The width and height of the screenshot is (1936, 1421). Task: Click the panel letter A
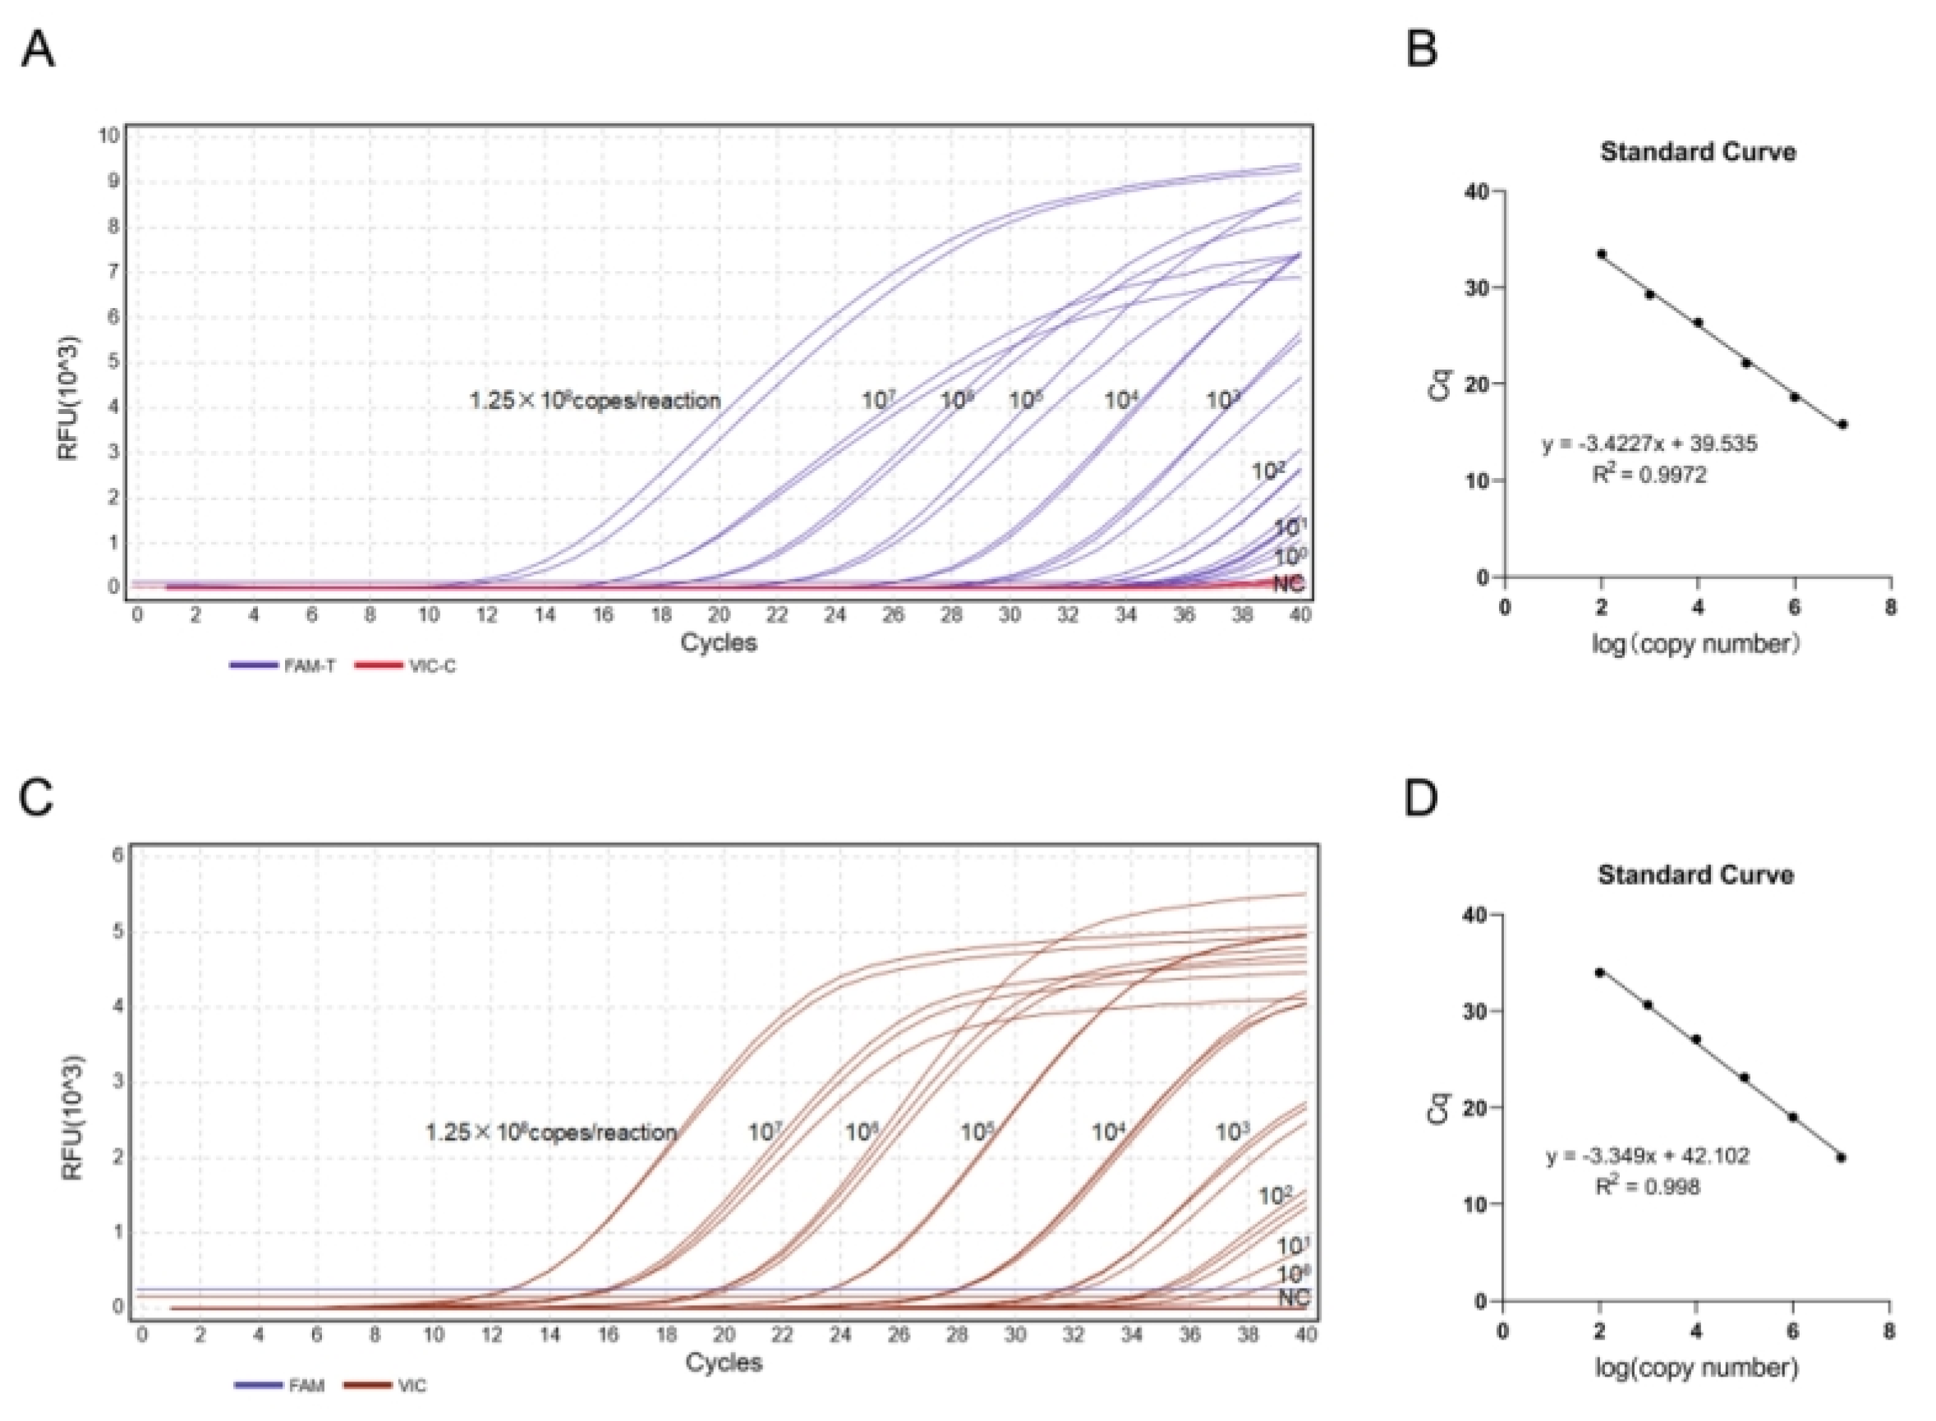coord(38,50)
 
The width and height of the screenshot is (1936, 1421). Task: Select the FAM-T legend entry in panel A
coord(283,666)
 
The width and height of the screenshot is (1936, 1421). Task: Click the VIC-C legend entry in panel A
coord(406,666)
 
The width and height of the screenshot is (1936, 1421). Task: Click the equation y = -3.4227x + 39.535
coord(1649,444)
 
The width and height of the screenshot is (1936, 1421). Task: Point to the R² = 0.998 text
coord(1647,1187)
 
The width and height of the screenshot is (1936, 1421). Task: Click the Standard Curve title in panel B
coord(1698,152)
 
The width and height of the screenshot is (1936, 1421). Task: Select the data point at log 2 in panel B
coord(1601,254)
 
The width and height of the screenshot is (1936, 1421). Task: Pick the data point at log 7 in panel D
coord(1841,1157)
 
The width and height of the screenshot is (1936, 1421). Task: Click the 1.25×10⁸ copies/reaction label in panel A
coord(595,400)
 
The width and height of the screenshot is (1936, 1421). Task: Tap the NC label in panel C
coord(1293,1297)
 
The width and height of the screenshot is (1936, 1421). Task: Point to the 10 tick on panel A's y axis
coord(109,135)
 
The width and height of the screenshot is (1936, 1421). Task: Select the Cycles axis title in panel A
coord(718,642)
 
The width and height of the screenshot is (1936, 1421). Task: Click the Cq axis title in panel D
coord(1438,1108)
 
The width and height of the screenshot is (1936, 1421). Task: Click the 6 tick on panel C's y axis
coord(118,856)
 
